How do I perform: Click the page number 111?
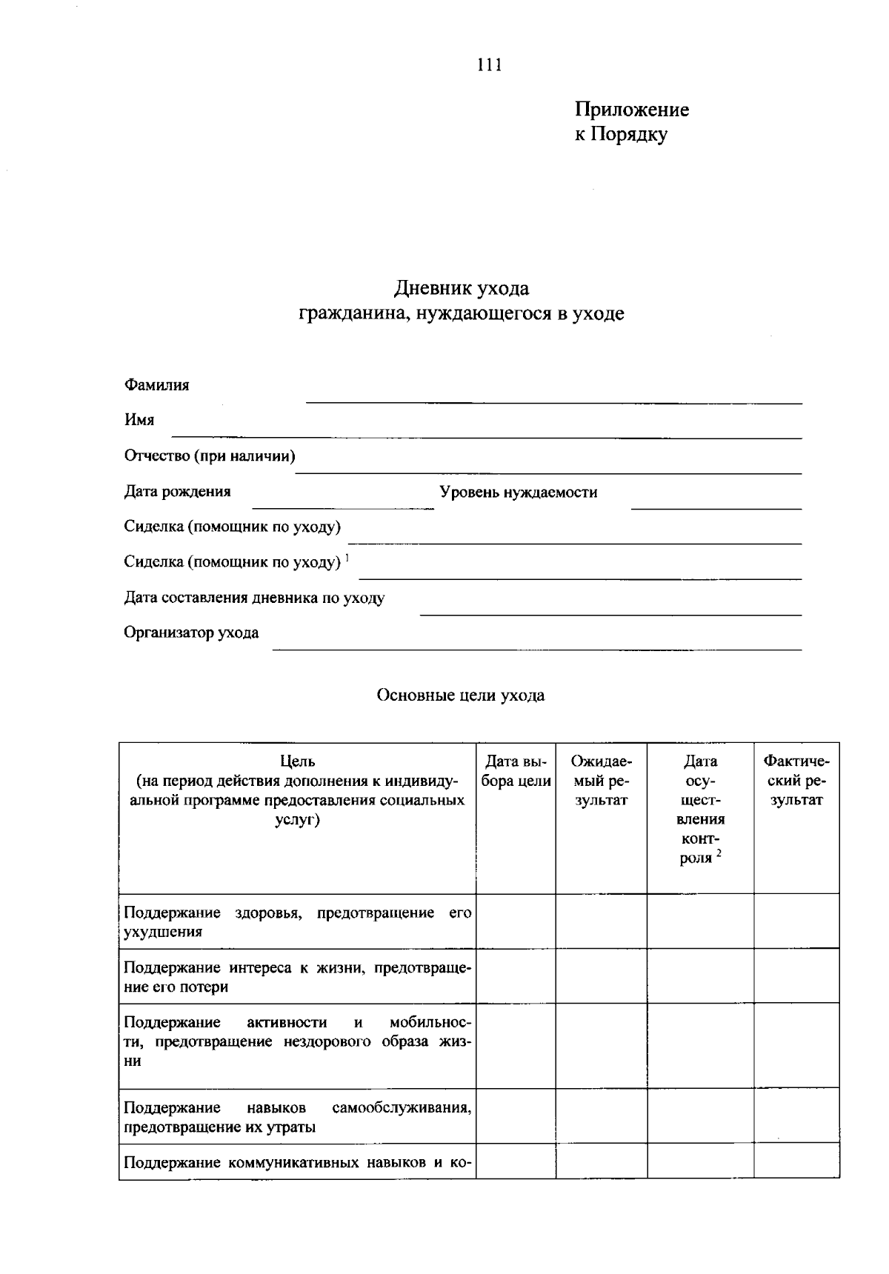pyautogui.click(x=490, y=65)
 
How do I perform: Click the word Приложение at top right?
pyautogui.click(x=631, y=110)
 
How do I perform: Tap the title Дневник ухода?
pyautogui.click(x=461, y=287)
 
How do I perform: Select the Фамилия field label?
pyautogui.click(x=156, y=385)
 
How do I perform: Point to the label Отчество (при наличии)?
pyautogui.click(x=210, y=456)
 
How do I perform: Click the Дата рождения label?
pyautogui.click(x=177, y=491)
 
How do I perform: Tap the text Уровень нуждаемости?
pyautogui.click(x=518, y=493)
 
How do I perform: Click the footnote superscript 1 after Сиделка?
pyautogui.click(x=347, y=557)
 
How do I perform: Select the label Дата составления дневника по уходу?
pyautogui.click(x=254, y=598)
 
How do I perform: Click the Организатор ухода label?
pyautogui.click(x=191, y=633)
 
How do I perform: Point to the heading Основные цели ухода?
pyautogui.click(x=460, y=696)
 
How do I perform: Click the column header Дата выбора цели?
pyautogui.click(x=516, y=771)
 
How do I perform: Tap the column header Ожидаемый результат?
pyautogui.click(x=601, y=781)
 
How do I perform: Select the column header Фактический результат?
pyautogui.click(x=796, y=781)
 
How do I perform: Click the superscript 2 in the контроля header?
pyautogui.click(x=719, y=853)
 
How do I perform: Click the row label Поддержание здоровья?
pyautogui.click(x=296, y=921)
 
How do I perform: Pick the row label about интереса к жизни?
pyautogui.click(x=296, y=977)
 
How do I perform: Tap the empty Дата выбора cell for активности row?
pyautogui.click(x=516, y=1046)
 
